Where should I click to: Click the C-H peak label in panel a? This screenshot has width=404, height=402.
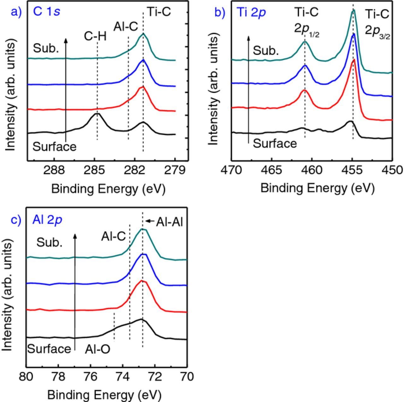95,37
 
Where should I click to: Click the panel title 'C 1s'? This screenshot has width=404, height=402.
46,12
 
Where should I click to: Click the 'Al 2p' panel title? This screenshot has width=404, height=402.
47,219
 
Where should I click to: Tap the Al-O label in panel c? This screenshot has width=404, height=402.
98,349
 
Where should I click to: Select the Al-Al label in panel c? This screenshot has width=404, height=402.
169,222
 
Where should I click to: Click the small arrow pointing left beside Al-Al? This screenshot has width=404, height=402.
150,221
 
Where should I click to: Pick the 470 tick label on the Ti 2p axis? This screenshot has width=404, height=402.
232,170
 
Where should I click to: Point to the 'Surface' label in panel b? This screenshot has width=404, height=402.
275,143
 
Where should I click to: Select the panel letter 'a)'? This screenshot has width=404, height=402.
16,12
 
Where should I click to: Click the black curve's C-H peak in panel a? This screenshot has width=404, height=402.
97,114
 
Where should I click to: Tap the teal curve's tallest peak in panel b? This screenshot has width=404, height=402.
353,10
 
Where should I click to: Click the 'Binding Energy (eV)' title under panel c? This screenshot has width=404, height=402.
104,394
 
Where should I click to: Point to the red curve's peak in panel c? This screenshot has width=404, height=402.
142,281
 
